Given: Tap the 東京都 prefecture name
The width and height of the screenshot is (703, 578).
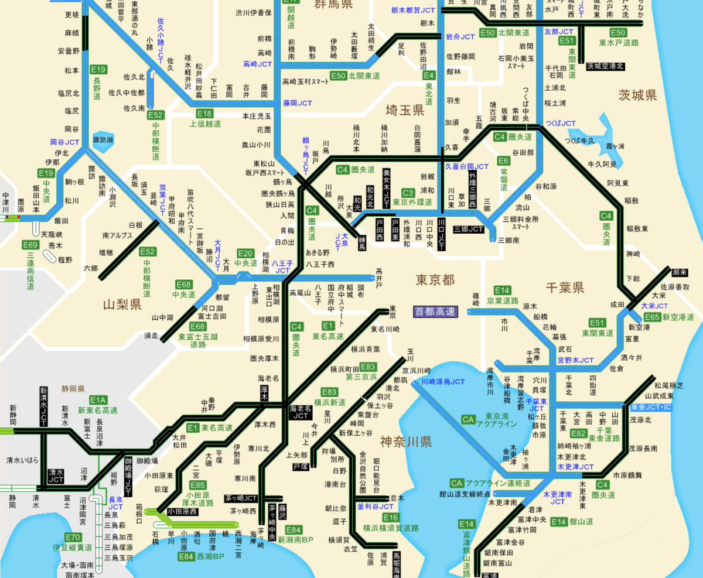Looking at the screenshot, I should [x=435, y=280].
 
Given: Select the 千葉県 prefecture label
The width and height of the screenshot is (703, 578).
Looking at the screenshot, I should [x=565, y=287].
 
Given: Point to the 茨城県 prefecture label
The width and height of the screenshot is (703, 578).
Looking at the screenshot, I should [x=637, y=95].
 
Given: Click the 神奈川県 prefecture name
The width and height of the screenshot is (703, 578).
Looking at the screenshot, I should [x=405, y=441].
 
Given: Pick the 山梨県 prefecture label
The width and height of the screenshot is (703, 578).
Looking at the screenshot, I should [x=122, y=305].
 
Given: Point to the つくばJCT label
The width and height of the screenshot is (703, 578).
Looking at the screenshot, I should [x=561, y=124].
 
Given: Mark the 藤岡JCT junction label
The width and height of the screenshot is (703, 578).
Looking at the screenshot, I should [x=298, y=102].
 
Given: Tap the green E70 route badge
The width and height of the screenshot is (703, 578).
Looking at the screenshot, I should [x=73, y=537].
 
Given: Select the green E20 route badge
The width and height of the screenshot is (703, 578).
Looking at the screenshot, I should [x=245, y=253].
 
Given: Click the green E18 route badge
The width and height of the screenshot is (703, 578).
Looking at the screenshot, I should [x=204, y=114].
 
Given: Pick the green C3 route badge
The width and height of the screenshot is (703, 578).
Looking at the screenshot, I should [x=408, y=193].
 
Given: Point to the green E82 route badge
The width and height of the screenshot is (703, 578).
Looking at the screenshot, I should [x=578, y=433].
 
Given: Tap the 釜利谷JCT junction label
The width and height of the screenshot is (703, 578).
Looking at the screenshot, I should [x=375, y=507].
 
